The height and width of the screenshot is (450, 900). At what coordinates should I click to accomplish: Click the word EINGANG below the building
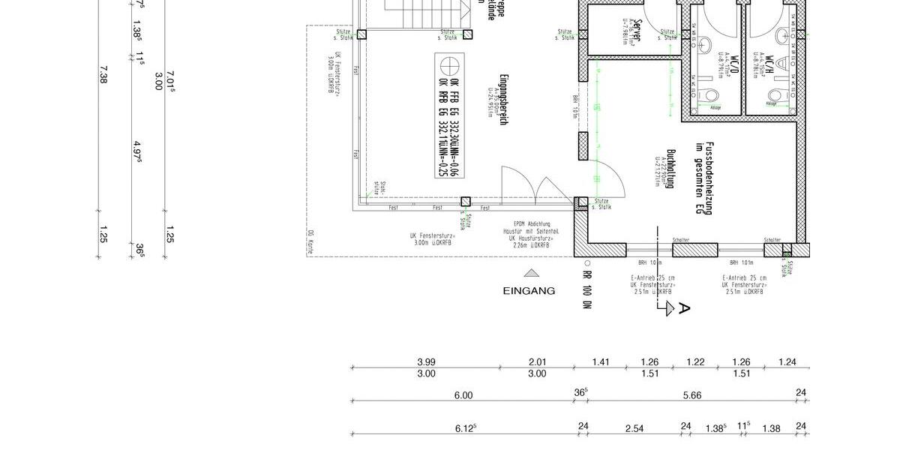[529, 291]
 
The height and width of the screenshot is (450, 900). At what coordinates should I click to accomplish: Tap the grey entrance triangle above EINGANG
[531, 274]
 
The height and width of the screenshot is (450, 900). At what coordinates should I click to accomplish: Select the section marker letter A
[683, 308]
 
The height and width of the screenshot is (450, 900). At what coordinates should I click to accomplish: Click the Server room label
[638, 32]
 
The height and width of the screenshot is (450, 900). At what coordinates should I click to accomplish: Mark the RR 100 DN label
[587, 287]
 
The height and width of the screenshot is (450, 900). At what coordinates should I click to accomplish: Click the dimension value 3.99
[425, 362]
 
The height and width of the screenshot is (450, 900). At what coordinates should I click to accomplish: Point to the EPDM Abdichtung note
[528, 224]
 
